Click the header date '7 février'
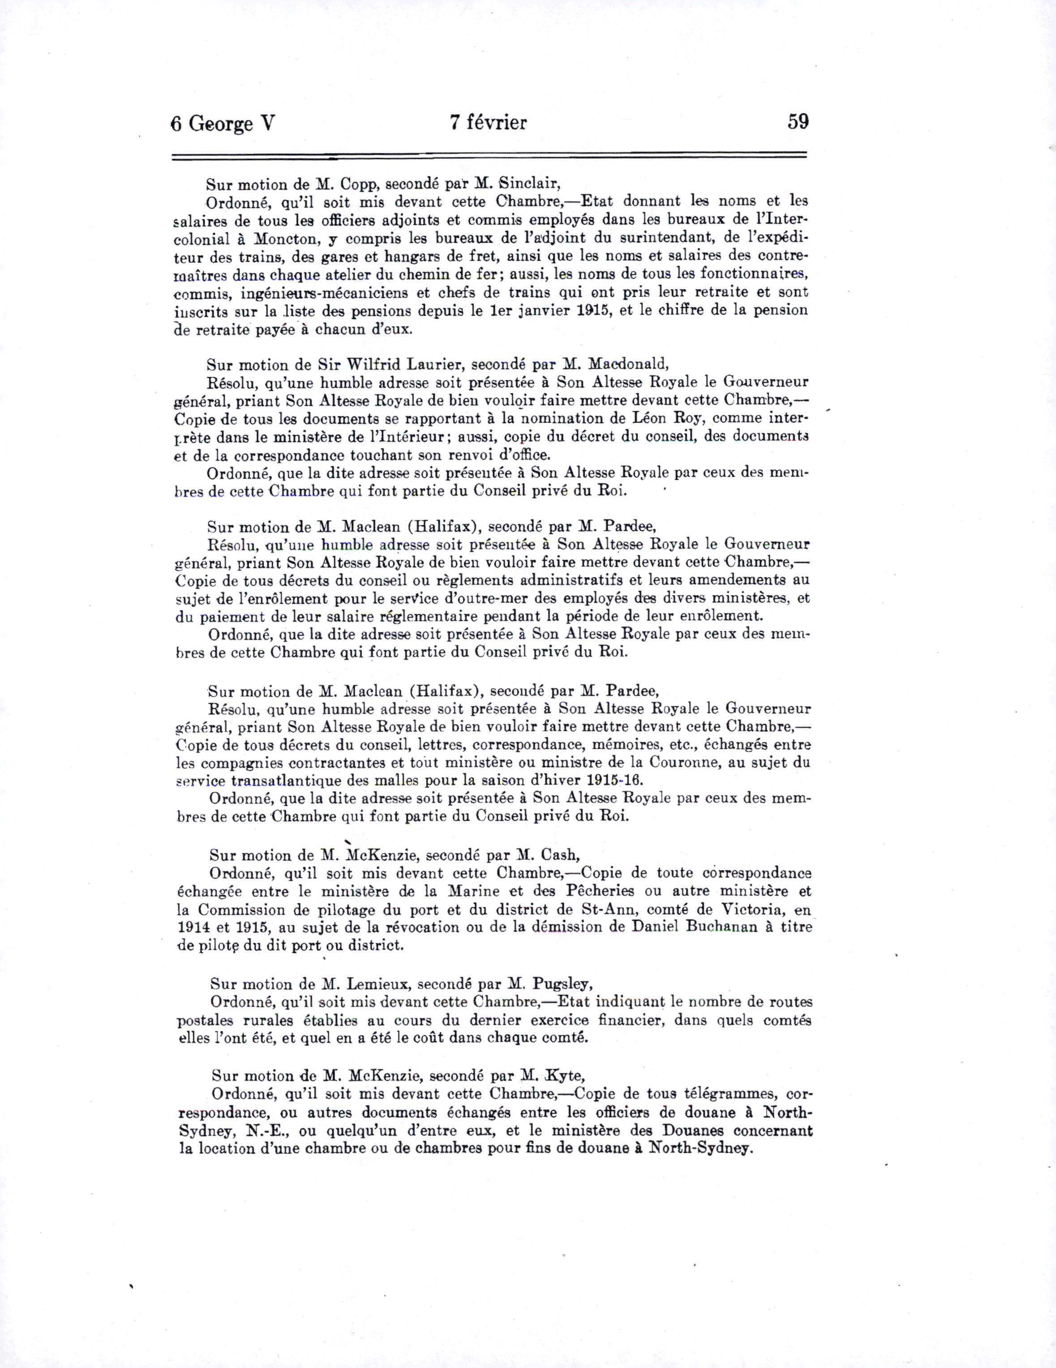tap(488, 122)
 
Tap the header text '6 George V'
tap(222, 124)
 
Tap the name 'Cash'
tap(561, 856)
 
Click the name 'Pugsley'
tap(562, 985)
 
